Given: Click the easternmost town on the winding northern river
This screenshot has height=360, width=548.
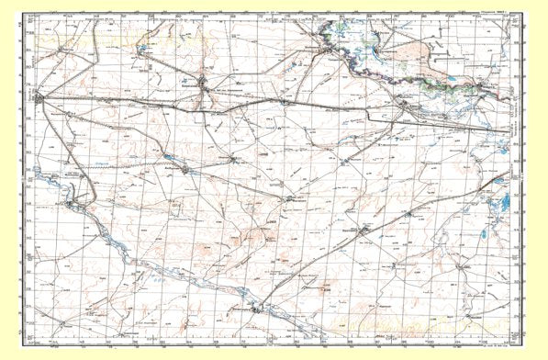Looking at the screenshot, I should click(477, 86).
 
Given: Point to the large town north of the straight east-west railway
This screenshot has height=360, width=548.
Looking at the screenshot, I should click(204, 85).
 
